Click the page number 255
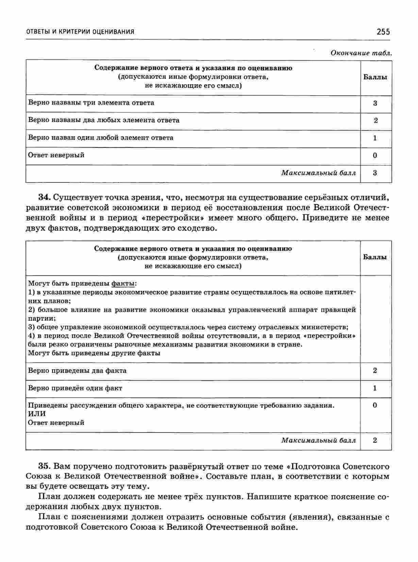383,32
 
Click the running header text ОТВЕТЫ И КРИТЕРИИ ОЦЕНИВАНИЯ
80,32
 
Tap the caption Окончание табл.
361,53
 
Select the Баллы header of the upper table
375,77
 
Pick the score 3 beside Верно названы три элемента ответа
375,103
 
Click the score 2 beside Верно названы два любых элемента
375,121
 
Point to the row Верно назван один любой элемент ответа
101,138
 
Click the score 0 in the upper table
375,156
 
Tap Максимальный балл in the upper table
318,173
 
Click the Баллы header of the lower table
375,257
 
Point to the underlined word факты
123,283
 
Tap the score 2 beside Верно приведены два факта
375,371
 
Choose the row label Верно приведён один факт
75,388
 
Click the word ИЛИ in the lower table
36,414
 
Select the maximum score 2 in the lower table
375,440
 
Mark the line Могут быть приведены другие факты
94,353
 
